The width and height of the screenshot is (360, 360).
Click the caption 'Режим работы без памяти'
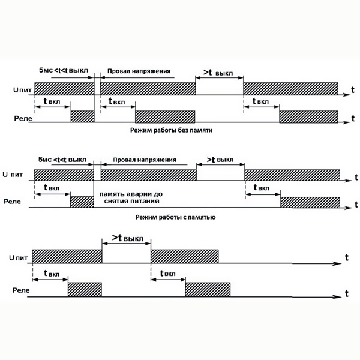pos(171,130)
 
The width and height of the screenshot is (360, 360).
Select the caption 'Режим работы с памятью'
pos(176,217)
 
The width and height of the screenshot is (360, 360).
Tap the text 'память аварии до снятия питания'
pos(131,197)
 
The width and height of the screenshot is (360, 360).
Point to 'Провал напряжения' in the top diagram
pos(139,71)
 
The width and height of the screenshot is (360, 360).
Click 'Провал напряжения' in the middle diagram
pos(145,160)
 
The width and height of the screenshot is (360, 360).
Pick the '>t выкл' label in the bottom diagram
pos(128,238)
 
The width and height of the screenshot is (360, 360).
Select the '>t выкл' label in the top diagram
pos(218,73)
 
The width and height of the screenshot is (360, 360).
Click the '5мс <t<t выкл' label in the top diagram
pos(64,70)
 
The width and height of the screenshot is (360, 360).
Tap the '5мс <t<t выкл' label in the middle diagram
pos(62,160)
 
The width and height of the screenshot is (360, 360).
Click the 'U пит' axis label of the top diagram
pos(22,90)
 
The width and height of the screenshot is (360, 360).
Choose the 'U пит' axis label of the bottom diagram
pos(19,257)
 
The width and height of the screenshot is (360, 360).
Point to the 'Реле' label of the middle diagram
pos(12,202)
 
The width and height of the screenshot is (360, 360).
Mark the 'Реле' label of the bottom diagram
pos(21,290)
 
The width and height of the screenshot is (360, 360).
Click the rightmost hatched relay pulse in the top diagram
pos(308,116)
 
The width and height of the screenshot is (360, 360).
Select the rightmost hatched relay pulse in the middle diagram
pos(310,202)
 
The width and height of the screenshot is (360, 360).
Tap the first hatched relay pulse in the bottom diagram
pos(85,290)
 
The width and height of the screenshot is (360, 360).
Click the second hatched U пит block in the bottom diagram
pos(185,256)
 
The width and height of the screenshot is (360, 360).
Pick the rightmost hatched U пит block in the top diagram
pos(290,89)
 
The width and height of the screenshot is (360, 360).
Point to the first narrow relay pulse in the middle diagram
pos(82,202)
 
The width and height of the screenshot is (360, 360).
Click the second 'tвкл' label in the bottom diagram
pos(168,273)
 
